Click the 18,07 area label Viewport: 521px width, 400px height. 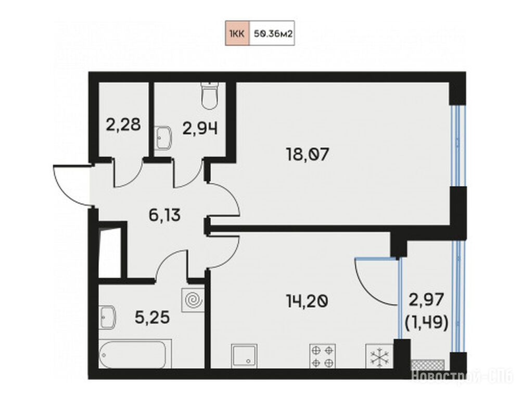coord(308,155)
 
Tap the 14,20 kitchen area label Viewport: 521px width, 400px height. coord(307,302)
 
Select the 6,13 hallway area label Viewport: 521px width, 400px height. coord(165,216)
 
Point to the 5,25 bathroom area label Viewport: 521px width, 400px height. coord(152,317)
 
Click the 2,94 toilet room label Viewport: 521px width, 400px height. coord(200,129)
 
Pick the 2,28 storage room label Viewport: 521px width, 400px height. coord(123,126)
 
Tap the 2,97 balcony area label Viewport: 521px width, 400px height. coord(426,300)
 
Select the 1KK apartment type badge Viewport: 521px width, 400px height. coord(237,33)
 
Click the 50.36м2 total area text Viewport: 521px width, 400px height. coord(272,33)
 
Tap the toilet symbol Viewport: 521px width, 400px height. coord(209,96)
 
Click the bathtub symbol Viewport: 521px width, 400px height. coord(135,354)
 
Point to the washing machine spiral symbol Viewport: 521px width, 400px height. coord(193,300)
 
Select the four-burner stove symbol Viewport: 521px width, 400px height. coord(323,356)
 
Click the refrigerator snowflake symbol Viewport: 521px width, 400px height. coord(379,356)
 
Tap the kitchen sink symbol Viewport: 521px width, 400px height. coord(244,356)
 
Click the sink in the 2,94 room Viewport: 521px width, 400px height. coord(163,137)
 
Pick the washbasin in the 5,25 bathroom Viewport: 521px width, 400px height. coord(108,318)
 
